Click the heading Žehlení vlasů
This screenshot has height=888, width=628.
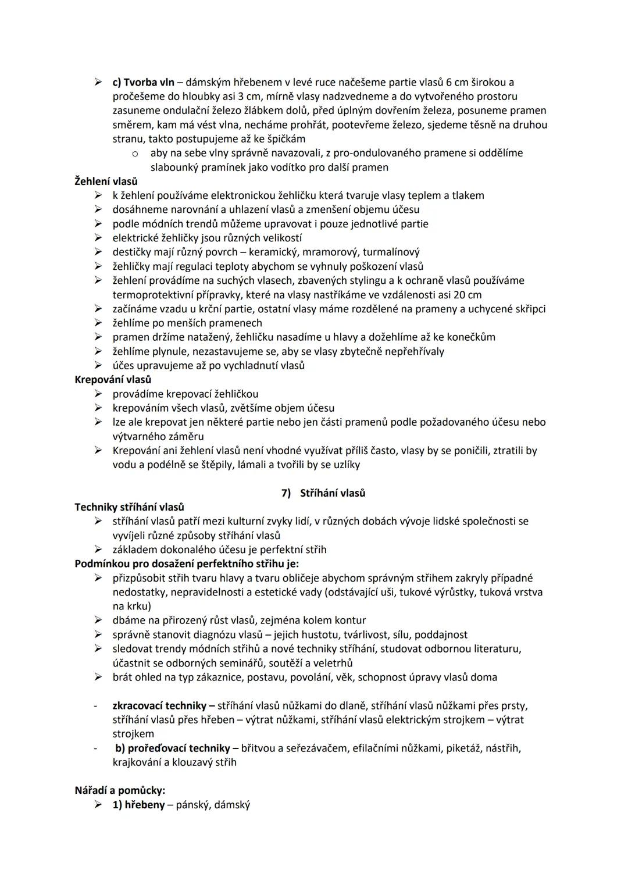[x=106, y=181]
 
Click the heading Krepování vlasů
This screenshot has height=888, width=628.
[x=113, y=380]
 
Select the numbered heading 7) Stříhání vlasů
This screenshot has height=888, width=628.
[x=323, y=493]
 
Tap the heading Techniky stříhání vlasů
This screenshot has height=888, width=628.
[x=129, y=507]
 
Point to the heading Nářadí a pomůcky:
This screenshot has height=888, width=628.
[x=120, y=790]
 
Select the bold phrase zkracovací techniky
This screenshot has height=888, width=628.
[x=159, y=705]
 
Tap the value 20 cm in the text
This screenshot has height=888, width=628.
[x=466, y=295]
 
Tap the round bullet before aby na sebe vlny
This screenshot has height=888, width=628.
[x=135, y=154]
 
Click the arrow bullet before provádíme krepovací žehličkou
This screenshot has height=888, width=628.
[x=99, y=394]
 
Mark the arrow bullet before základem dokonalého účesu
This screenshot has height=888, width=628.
[x=99, y=550]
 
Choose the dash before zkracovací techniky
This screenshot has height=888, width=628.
[x=94, y=705]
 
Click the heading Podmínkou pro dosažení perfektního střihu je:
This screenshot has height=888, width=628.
[x=187, y=564]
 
